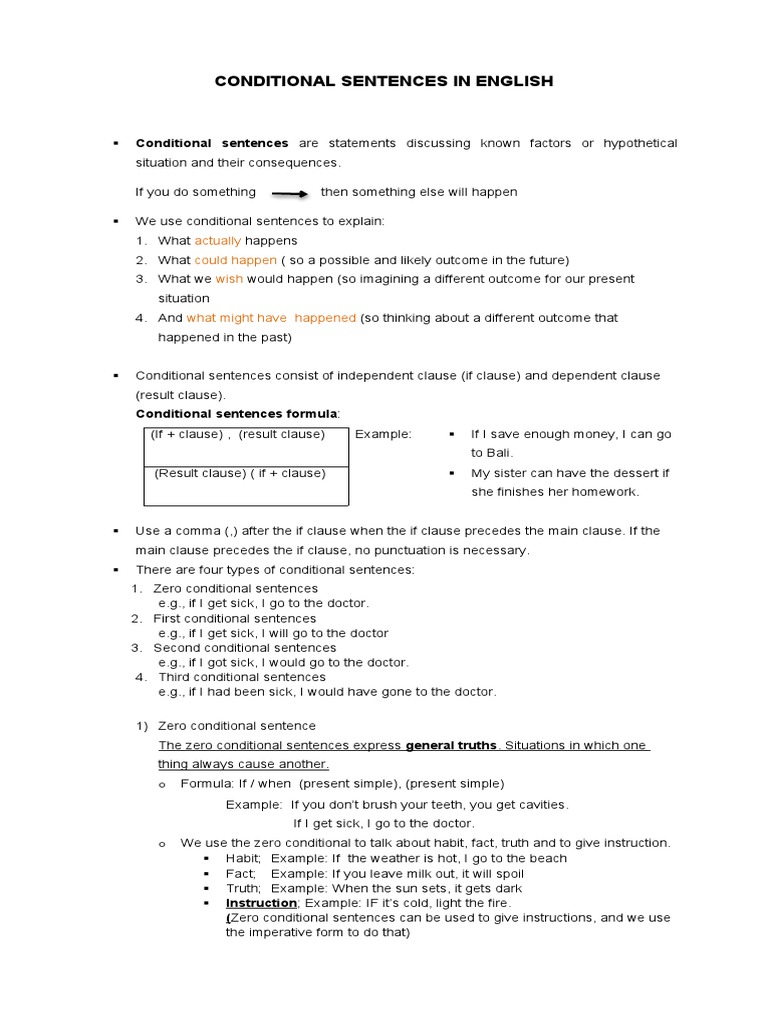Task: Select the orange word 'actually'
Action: pyautogui.click(x=217, y=241)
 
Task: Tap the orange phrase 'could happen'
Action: pyautogui.click(x=235, y=260)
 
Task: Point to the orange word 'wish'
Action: pyautogui.click(x=229, y=279)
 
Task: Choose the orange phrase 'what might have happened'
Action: pyautogui.click(x=271, y=318)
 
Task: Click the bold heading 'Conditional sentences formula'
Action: pyautogui.click(x=237, y=414)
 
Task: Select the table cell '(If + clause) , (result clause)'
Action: pyautogui.click(x=238, y=434)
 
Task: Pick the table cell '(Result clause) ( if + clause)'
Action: pyautogui.click(x=240, y=473)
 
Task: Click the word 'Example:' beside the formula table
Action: pyautogui.click(x=383, y=434)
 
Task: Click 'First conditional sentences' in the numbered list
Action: pyautogui.click(x=234, y=619)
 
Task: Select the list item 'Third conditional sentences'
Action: pyautogui.click(x=242, y=677)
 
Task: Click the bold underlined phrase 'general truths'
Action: pyautogui.click(x=451, y=745)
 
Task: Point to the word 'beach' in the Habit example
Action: pyautogui.click(x=546, y=858)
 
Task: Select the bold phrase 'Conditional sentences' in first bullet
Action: pyautogui.click(x=212, y=144)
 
